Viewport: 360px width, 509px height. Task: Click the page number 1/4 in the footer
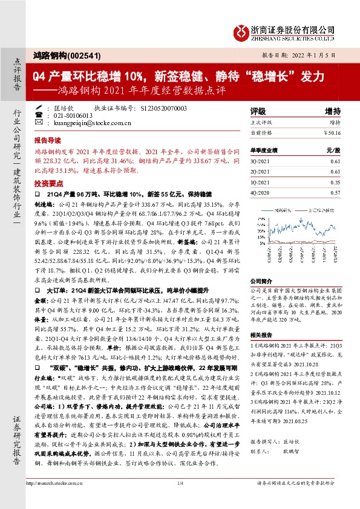click(x=180, y=482)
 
